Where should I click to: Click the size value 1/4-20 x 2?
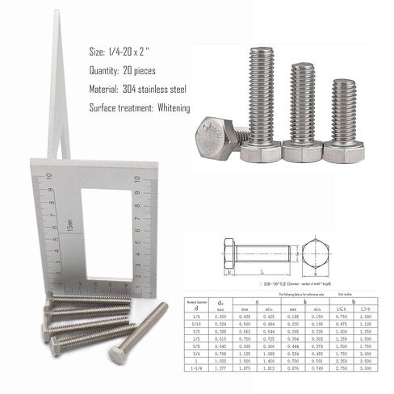point(143,52)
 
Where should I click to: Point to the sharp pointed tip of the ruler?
point(57,16)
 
